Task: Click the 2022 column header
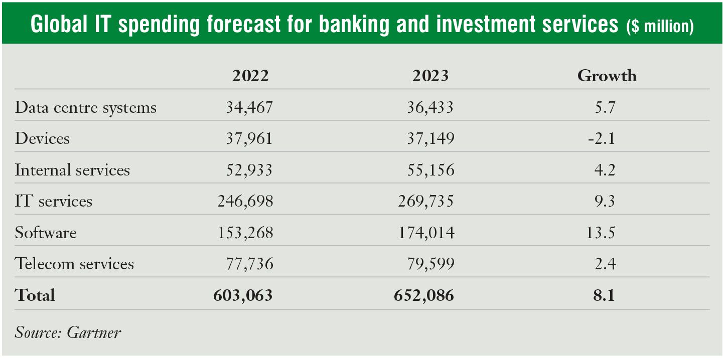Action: click(x=250, y=76)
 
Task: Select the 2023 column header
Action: click(x=430, y=76)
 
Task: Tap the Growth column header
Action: click(x=607, y=76)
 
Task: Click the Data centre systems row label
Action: click(x=86, y=108)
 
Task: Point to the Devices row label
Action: click(x=42, y=138)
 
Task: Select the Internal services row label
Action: click(x=72, y=170)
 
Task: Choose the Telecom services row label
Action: click(x=74, y=264)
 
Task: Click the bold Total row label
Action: click(x=35, y=295)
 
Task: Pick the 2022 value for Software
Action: click(x=245, y=233)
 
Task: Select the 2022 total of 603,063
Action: click(x=243, y=295)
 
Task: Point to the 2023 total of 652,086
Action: click(x=424, y=295)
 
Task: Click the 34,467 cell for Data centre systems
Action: click(x=249, y=108)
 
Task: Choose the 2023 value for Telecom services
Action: click(x=430, y=264)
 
